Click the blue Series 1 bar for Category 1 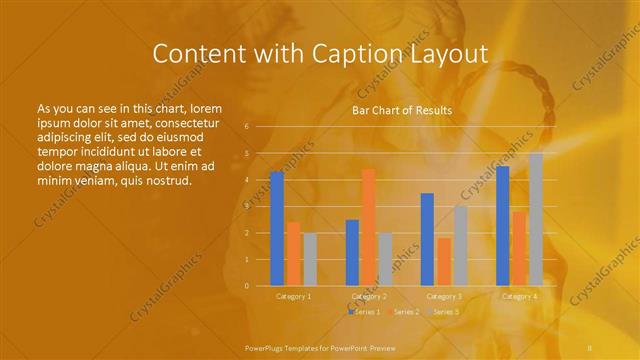[x=277, y=229]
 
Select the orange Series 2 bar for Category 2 [x=368, y=227]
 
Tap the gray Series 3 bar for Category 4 [x=536, y=219]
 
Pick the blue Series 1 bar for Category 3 [x=427, y=239]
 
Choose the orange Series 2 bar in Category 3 [x=443, y=261]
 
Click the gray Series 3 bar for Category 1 [x=310, y=259]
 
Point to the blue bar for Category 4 [x=503, y=226]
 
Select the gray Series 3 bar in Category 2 [x=385, y=259]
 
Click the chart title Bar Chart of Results [x=401, y=110]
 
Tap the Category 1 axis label [x=293, y=296]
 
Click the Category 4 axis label [x=519, y=296]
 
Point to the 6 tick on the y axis [x=246, y=126]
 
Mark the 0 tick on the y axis [x=246, y=286]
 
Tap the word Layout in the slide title [x=446, y=54]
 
